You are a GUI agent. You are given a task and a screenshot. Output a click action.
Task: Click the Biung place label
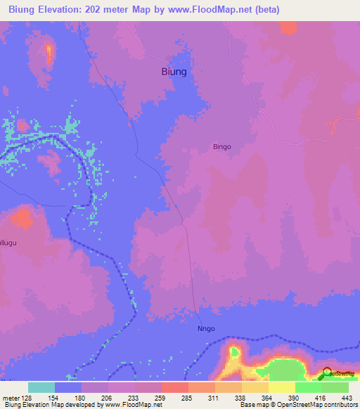(x=174, y=72)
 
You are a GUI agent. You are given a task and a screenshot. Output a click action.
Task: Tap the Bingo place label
(x=222, y=148)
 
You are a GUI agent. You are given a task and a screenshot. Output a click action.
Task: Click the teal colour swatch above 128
(x=41, y=387)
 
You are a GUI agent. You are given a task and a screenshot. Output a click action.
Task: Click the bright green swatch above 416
(x=308, y=387)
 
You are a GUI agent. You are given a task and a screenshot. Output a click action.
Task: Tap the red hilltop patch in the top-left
(x=49, y=53)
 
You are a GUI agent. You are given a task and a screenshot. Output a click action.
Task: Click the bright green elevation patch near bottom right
(x=288, y=369)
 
